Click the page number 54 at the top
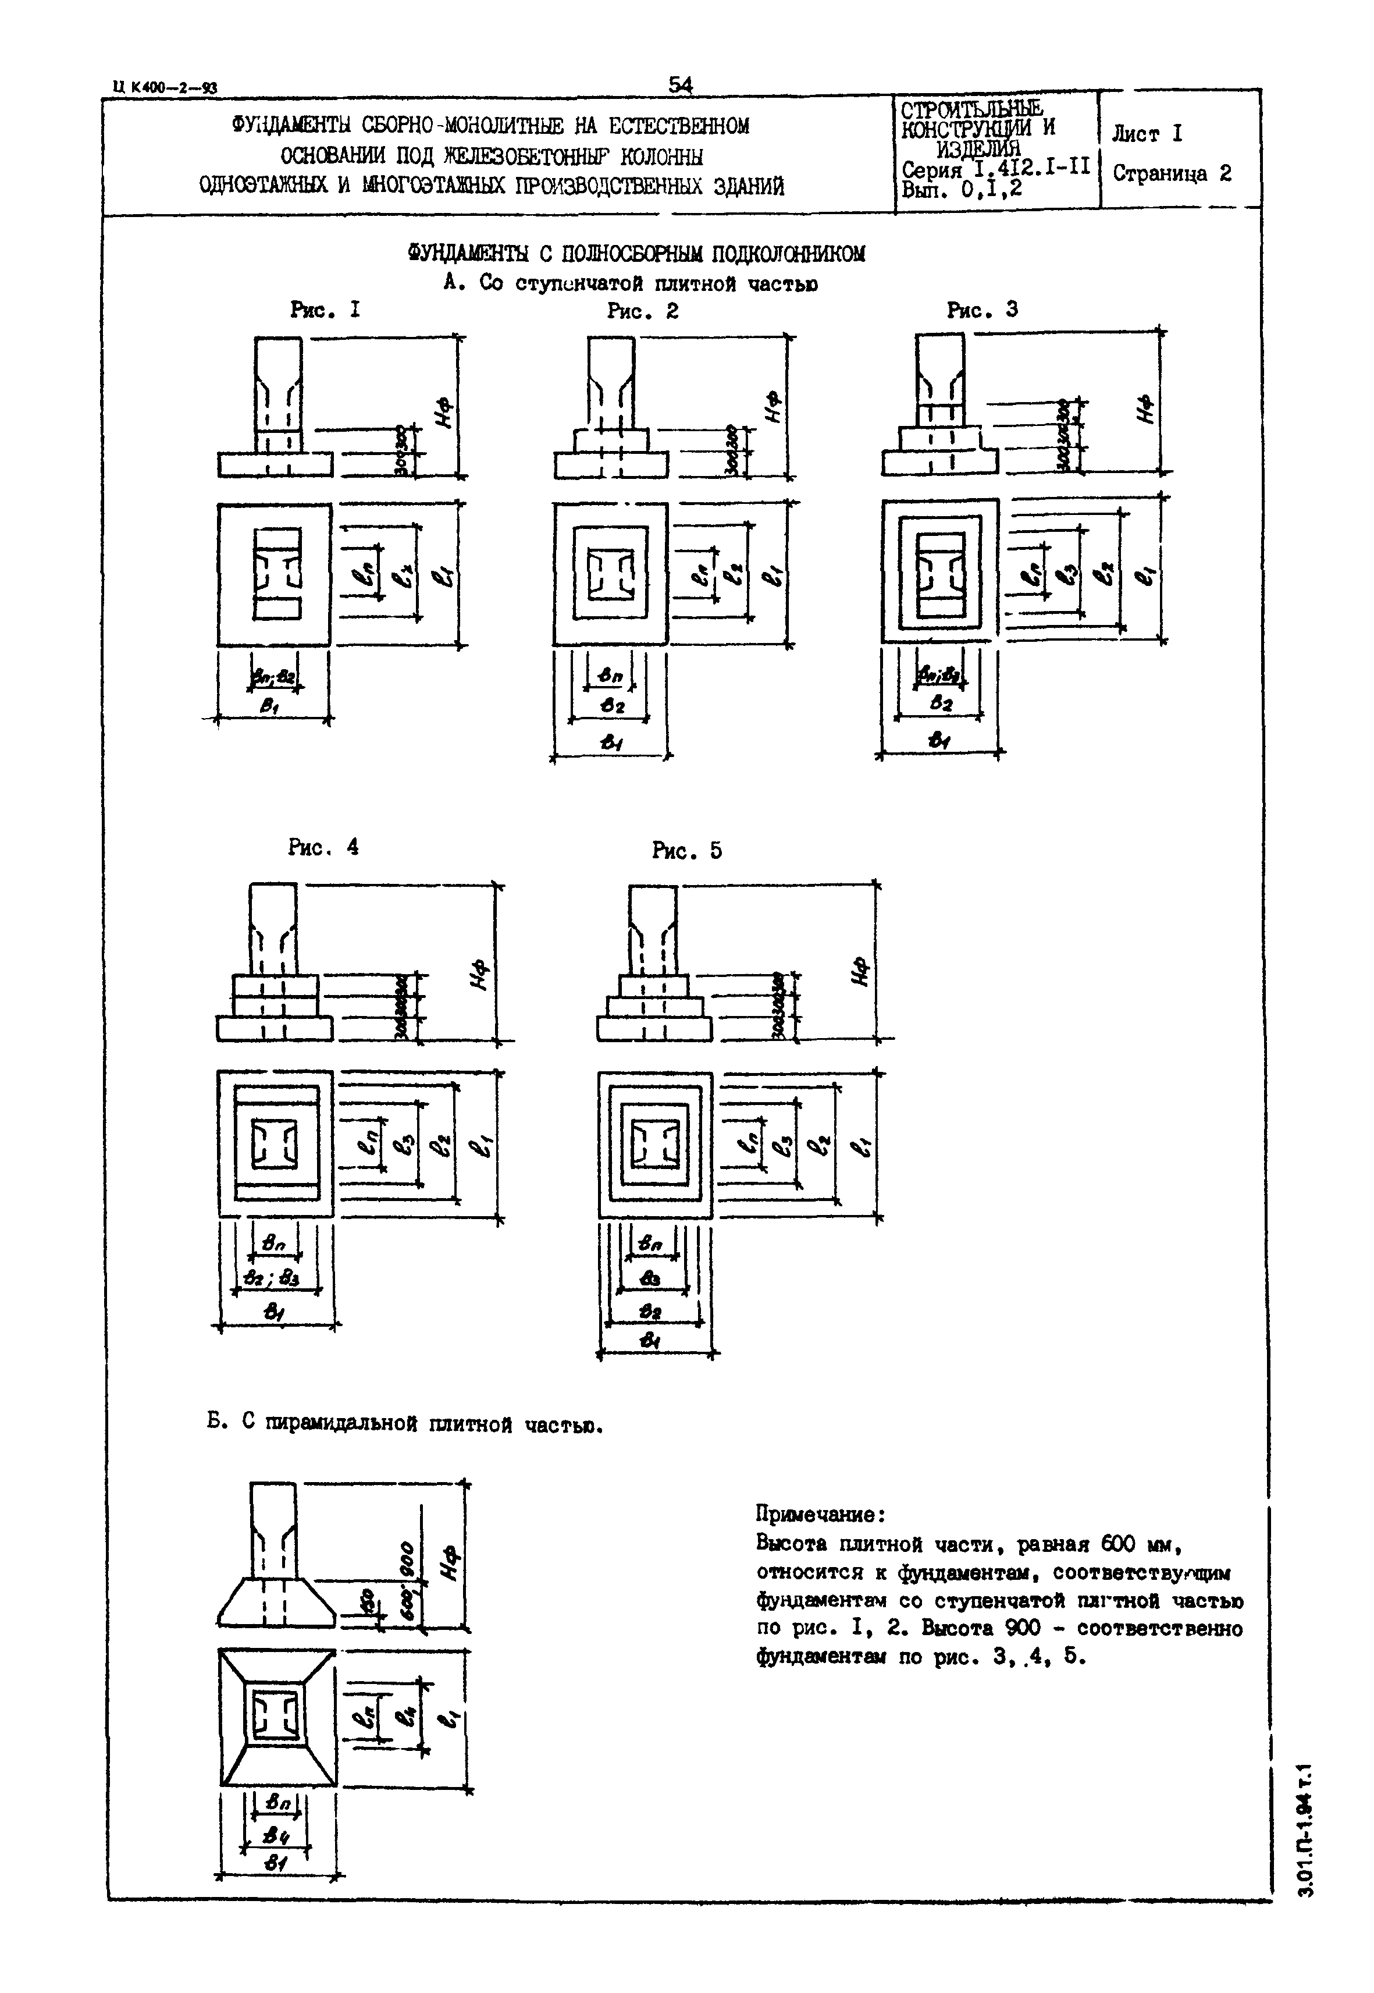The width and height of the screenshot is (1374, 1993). pyautogui.click(x=680, y=84)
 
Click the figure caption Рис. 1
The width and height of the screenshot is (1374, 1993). pyautogui.click(x=325, y=310)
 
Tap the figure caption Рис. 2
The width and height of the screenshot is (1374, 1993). pyautogui.click(x=642, y=311)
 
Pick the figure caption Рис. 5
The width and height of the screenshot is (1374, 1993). pyautogui.click(x=687, y=851)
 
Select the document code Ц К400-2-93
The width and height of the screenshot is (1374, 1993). pyautogui.click(x=165, y=87)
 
